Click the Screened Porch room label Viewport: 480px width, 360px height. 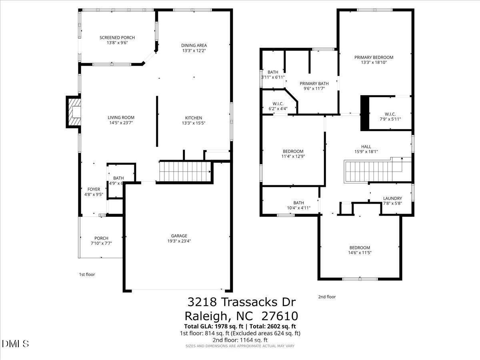point(117,38)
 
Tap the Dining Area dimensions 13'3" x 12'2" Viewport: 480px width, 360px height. point(194,51)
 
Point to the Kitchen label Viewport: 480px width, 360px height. point(193,118)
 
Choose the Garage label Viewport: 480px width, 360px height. point(177,236)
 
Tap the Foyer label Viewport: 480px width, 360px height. point(94,189)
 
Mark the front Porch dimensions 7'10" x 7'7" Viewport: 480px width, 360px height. point(101,243)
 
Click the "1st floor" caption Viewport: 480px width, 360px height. point(87,274)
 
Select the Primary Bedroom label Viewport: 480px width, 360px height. point(374,57)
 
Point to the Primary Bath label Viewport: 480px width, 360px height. point(314,84)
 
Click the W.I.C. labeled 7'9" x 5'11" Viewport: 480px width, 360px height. point(390,114)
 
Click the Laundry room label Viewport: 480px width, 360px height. point(392,198)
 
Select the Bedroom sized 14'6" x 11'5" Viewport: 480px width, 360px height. point(359,248)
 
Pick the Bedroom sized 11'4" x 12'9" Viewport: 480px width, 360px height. point(293,151)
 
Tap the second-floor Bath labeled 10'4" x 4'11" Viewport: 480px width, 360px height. point(298,203)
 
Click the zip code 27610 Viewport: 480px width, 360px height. point(280,316)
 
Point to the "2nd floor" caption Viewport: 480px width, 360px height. point(327,297)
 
